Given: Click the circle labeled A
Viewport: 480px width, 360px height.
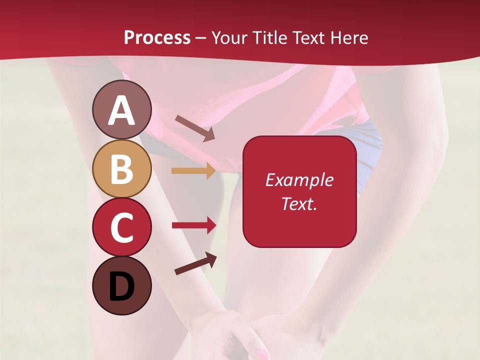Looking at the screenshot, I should click(121, 109).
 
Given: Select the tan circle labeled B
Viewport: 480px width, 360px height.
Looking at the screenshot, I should click(121, 168).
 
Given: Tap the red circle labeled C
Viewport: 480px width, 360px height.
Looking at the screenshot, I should click(121, 227).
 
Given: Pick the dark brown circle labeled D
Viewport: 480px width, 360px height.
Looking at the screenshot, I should click(121, 286).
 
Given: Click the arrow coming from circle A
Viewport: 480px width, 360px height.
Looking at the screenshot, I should click(195, 128).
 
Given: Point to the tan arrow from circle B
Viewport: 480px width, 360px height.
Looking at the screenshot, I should click(193, 171).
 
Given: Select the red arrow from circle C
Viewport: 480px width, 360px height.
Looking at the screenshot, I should click(194, 225).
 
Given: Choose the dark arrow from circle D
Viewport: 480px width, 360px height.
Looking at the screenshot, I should click(195, 263).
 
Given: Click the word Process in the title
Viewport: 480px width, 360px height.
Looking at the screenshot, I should click(157, 37).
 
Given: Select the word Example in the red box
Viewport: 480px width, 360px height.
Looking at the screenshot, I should click(299, 180).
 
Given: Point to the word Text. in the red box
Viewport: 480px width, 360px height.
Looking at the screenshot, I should click(299, 203).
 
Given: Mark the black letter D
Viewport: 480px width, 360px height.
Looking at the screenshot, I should click(121, 287).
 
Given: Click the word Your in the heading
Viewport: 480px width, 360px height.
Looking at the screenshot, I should click(229, 37).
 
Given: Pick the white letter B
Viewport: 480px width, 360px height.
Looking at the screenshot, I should click(121, 169).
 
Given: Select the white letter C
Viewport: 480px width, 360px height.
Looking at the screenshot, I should click(121, 228).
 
